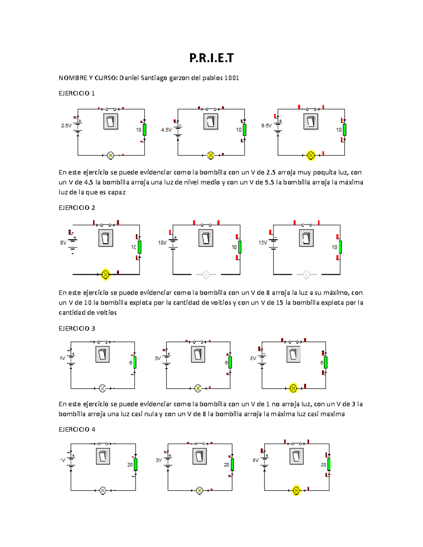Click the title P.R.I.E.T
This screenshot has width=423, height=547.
[211, 58]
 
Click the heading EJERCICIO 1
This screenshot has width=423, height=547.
[76, 93]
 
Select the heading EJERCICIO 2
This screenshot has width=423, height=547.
[76, 208]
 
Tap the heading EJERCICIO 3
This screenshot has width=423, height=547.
[76, 329]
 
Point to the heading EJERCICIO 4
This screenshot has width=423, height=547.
[76, 429]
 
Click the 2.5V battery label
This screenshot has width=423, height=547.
[66, 126]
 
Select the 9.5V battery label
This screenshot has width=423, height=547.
[266, 126]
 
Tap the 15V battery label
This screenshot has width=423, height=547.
[263, 243]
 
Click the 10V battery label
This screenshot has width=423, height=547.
[162, 243]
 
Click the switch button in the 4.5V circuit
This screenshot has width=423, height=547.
[211, 122]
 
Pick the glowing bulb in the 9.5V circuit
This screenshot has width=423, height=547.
[311, 155]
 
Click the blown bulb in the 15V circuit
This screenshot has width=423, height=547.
[306, 274]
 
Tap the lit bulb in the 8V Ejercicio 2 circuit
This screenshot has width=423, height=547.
[105, 274]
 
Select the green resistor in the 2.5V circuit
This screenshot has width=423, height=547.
[145, 130]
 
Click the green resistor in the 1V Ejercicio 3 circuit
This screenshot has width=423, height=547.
[135, 362]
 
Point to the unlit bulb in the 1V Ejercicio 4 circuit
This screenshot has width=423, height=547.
[103, 491]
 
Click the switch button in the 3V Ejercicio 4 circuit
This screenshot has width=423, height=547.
[200, 457]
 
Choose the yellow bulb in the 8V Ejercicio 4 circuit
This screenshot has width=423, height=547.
[296, 491]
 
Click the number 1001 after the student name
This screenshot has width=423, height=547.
[232, 78]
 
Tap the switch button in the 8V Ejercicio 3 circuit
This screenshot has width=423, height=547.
[293, 354]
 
